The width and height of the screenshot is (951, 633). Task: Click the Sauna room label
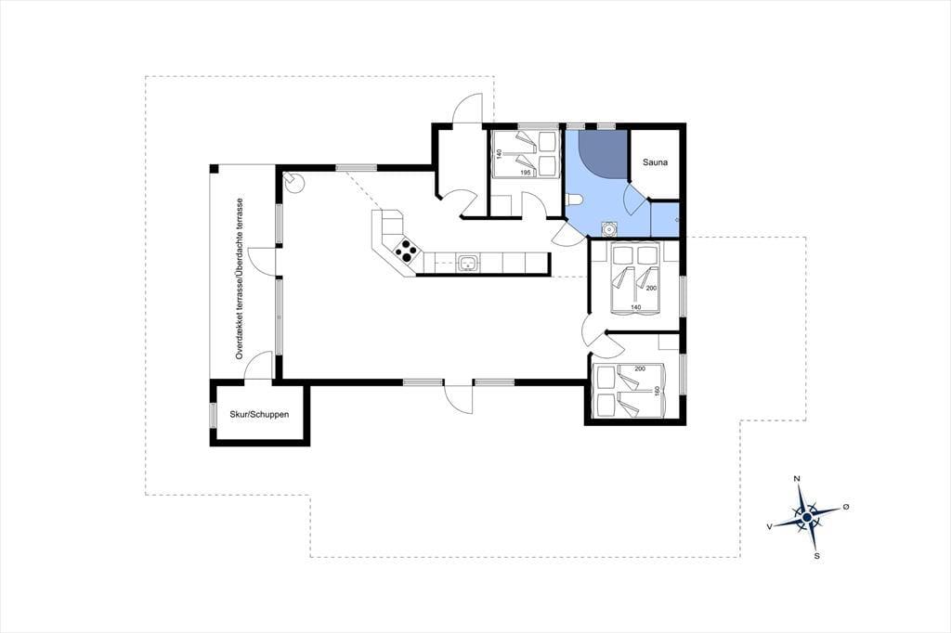[655, 162]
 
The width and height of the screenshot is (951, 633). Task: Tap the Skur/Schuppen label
[259, 415]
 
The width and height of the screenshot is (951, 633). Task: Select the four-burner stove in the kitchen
[406, 251]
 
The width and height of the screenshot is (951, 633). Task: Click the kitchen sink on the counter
[468, 263]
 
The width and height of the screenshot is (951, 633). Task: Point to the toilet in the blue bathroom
[574, 200]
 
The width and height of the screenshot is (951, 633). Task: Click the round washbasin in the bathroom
[607, 229]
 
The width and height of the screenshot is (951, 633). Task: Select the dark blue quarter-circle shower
[602, 154]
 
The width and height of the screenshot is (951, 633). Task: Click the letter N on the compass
[797, 479]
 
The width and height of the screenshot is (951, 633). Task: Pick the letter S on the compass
[817, 555]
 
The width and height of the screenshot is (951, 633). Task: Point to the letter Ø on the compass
[845, 507]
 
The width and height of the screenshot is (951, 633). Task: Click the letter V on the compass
[770, 527]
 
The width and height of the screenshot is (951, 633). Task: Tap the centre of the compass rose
[807, 517]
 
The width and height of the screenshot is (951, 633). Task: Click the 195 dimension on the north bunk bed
[526, 174]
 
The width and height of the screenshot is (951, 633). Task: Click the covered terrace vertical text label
[240, 278]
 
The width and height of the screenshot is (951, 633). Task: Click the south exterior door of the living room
[459, 398]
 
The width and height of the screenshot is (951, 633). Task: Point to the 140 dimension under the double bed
[635, 307]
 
